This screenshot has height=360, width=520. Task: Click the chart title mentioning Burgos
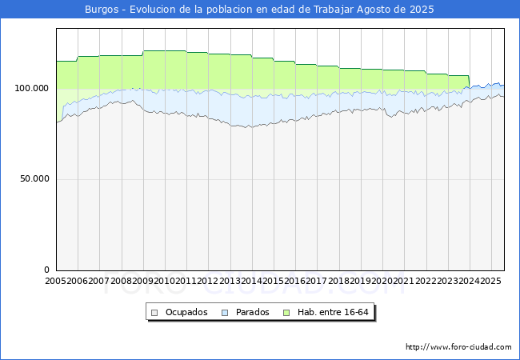coord(259,10)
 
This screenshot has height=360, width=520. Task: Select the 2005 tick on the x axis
coord(56,282)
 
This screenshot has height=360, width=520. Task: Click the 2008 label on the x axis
coord(121,282)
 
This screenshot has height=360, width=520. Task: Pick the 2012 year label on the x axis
coord(208,282)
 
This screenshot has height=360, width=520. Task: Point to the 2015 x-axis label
coord(274,282)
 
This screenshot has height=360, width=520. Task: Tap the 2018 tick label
coord(338,282)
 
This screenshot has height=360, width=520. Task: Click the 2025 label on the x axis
coord(490,282)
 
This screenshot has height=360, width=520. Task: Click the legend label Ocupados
coord(186,312)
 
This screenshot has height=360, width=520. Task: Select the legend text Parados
coord(253,312)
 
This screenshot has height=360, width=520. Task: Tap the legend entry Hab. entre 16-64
coord(337,312)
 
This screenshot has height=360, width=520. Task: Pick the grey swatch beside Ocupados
coord(154,312)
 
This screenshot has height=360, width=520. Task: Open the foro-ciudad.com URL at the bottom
coord(458,347)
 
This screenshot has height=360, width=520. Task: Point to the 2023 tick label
coord(447,282)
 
